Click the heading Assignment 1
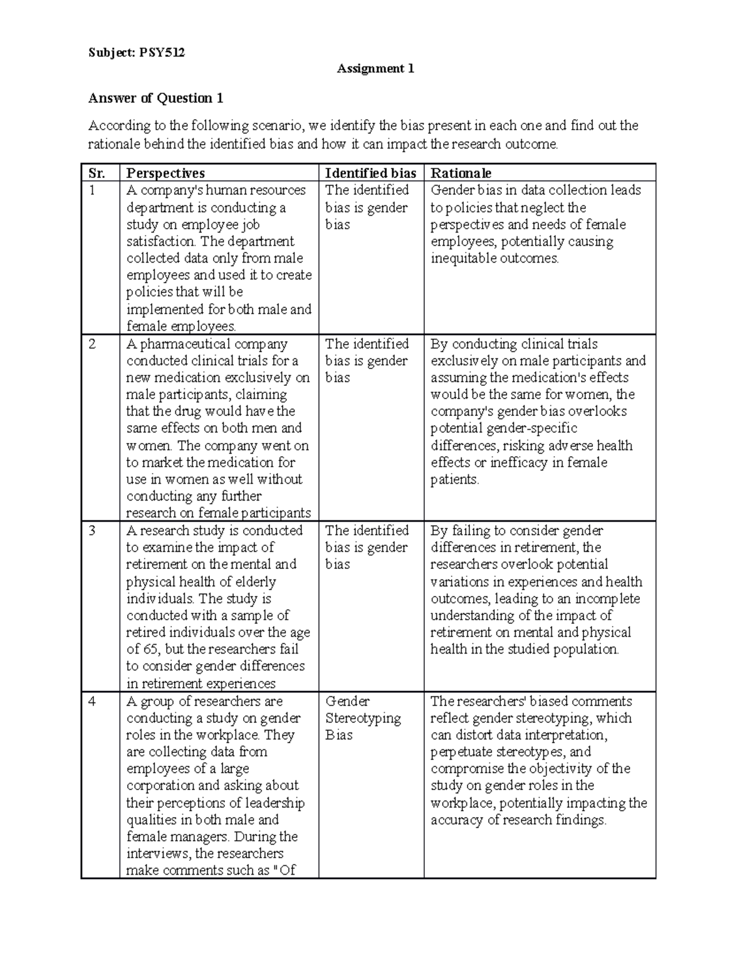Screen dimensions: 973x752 point(375,68)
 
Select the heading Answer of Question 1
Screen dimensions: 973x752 point(156,98)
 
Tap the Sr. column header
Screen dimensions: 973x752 point(97,173)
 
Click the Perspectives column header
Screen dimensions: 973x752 point(165,173)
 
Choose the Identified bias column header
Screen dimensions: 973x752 point(370,173)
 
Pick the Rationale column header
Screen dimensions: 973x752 point(461,173)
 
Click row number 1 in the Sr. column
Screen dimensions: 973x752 point(92,190)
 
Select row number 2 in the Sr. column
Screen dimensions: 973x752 point(93,344)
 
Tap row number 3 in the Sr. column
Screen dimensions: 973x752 point(93,531)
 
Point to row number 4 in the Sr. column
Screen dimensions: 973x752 point(93,702)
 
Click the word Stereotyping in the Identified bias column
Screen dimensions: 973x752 point(363,719)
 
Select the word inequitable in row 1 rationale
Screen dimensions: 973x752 point(462,258)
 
